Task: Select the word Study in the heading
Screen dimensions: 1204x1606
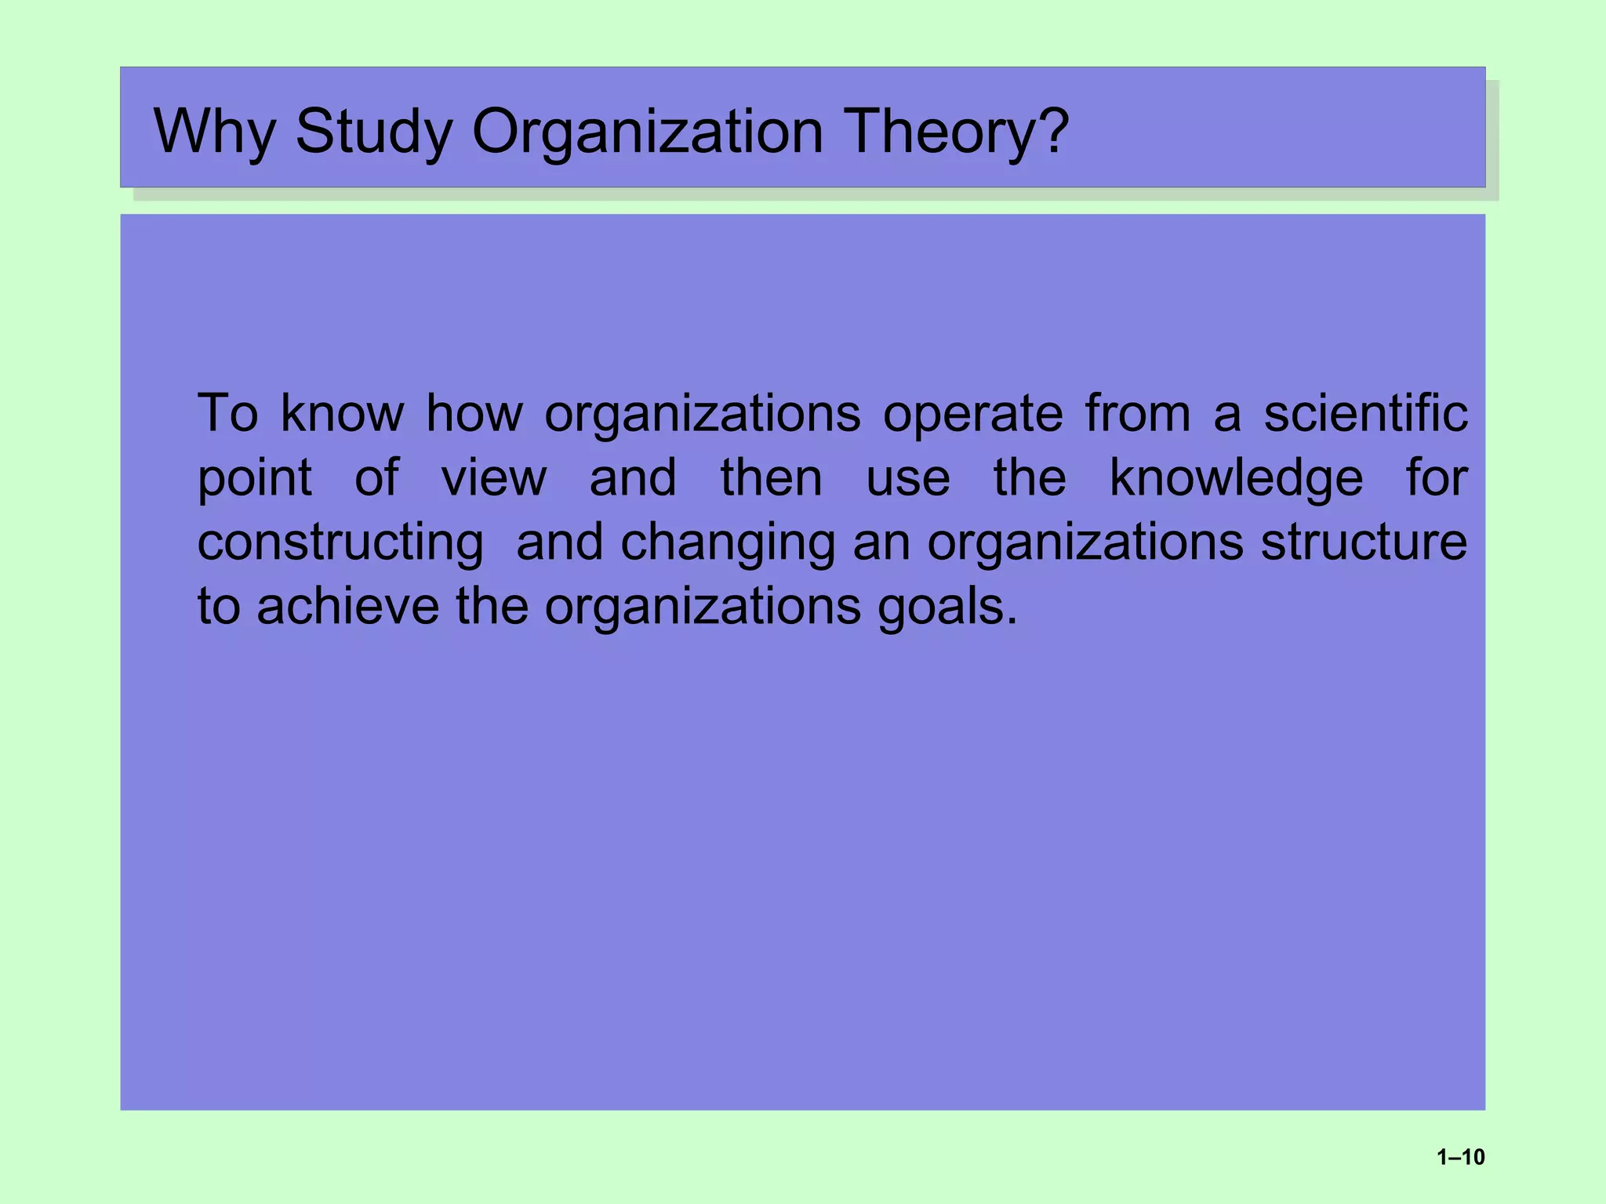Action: coord(373,131)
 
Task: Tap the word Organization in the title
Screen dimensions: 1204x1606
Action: coord(647,131)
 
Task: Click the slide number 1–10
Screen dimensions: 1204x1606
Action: coord(1460,1157)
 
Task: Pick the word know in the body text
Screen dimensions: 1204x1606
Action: coord(342,413)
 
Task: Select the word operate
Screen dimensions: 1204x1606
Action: coord(972,413)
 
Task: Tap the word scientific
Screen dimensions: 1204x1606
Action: coord(1365,413)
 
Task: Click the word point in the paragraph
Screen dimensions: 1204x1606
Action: coord(254,478)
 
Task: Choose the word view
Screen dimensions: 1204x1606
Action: coord(493,478)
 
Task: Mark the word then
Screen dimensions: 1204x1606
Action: coord(771,478)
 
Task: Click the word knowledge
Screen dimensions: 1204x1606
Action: coord(1236,478)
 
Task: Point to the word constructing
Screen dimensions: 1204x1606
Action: coord(340,542)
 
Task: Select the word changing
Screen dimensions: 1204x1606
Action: coord(728,542)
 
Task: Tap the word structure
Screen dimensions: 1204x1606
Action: coord(1364,542)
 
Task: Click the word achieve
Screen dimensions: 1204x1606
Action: coord(347,607)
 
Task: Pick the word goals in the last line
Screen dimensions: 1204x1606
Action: coord(947,607)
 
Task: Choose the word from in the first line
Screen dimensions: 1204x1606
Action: coord(1138,413)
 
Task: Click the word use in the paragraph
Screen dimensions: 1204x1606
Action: coord(907,478)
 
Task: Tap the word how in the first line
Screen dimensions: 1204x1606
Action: coord(474,413)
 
